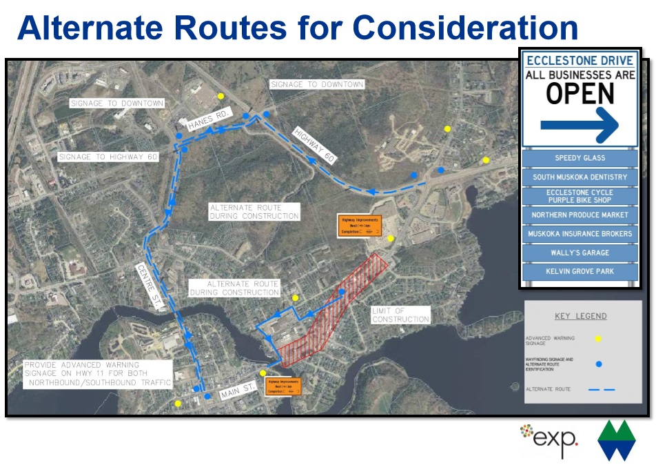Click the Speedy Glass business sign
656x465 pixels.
click(x=580, y=158)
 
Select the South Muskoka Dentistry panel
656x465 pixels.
click(x=580, y=177)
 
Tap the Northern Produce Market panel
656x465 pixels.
click(x=580, y=215)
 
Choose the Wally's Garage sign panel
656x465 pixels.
click(x=580, y=253)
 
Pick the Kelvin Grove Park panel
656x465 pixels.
click(x=580, y=271)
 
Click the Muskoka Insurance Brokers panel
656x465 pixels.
click(x=580, y=234)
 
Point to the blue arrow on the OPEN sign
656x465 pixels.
click(x=580, y=125)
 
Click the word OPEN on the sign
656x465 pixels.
click(x=580, y=94)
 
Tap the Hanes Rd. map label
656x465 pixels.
click(x=210, y=119)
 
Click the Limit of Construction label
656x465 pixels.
click(x=400, y=315)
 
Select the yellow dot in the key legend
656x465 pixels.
click(x=598, y=338)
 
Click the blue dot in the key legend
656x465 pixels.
click(x=598, y=364)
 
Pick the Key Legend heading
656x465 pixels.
click(x=580, y=316)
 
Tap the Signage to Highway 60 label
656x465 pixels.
click(x=108, y=157)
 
